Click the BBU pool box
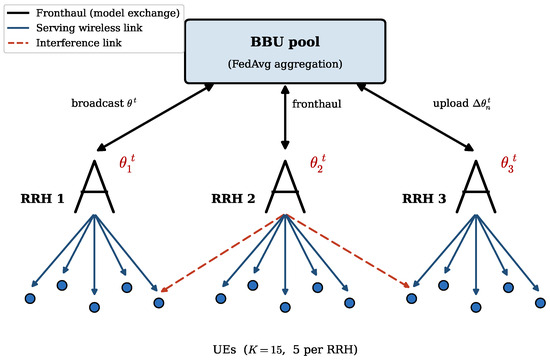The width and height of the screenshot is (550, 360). pos(285,52)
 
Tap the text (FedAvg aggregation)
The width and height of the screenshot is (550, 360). pos(285,64)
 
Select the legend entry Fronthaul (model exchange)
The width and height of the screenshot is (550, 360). pos(93,13)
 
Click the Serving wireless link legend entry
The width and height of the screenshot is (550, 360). pos(74,28)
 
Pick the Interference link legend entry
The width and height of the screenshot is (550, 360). pos(64,43)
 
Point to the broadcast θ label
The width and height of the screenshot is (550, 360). pos(104,103)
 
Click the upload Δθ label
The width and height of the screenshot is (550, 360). pos(462,104)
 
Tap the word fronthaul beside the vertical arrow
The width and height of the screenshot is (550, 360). pos(316,104)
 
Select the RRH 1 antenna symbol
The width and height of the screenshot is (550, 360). pos(94,187)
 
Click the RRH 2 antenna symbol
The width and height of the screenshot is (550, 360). pos(285,187)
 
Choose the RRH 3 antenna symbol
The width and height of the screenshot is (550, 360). pos(476,187)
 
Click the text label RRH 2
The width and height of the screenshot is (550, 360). pos(233,199)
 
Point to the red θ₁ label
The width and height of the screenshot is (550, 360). pos(127,164)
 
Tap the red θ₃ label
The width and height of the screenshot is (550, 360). pos(508,164)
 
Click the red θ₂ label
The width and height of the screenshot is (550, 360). pos(317,164)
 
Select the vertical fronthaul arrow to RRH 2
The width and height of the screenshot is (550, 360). pos(285,117)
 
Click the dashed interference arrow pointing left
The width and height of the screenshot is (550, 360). pos(222,253)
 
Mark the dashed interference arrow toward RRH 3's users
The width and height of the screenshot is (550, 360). pos(348,251)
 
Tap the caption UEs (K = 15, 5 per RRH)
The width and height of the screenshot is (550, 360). pos(285,349)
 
